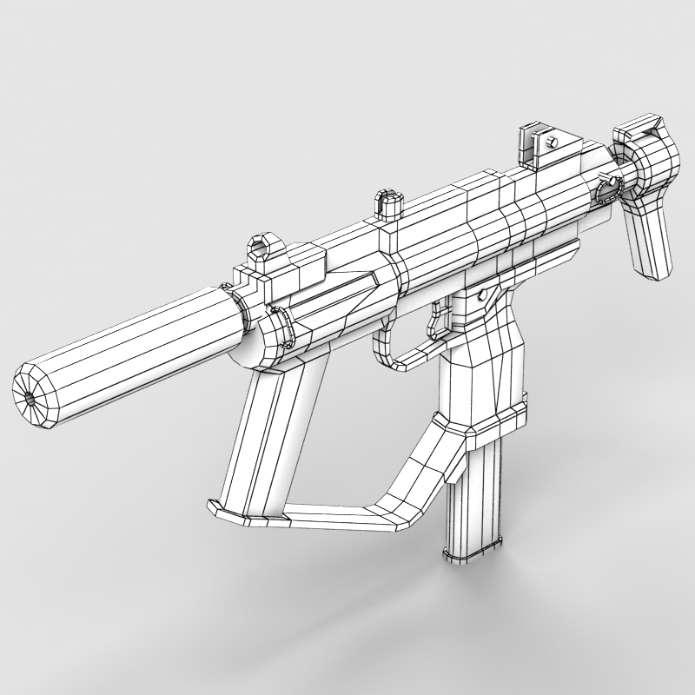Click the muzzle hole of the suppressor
31,397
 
